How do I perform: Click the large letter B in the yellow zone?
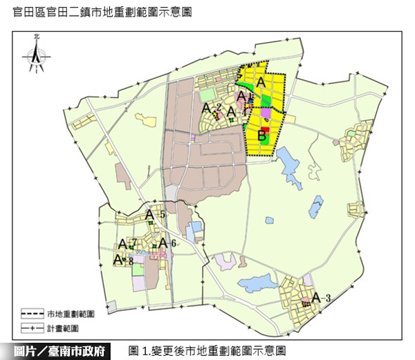(x=262, y=136)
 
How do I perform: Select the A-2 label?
(x=211, y=108)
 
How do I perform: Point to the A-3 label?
(x=322, y=298)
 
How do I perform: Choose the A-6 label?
(x=165, y=243)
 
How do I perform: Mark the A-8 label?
(x=123, y=260)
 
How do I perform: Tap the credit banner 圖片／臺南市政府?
(x=62, y=350)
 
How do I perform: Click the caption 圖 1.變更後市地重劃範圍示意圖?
(x=207, y=350)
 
